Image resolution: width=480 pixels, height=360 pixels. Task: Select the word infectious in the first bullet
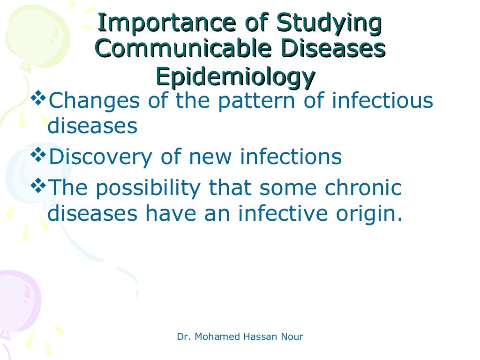pos(382,101)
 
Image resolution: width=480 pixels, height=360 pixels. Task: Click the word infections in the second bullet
pos(291,157)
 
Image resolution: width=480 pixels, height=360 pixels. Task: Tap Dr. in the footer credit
pos(182,337)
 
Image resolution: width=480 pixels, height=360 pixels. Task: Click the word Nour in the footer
pos(292,337)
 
